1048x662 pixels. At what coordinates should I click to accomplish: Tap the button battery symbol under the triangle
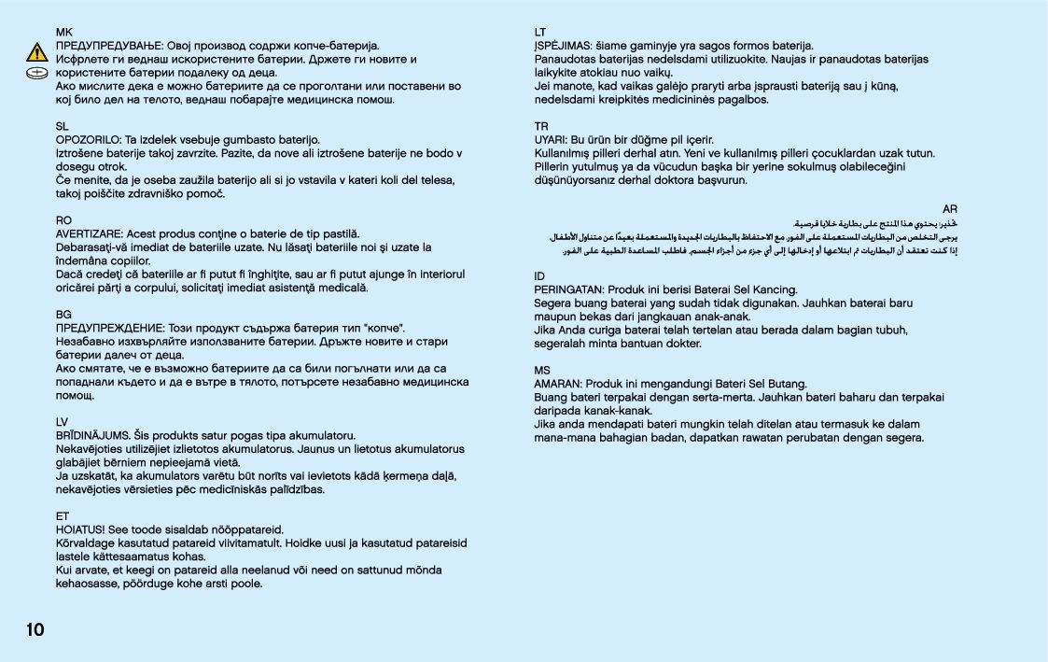click(x=36, y=72)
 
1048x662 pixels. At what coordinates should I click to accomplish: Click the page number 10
click(x=35, y=630)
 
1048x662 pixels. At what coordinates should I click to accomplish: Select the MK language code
click(x=63, y=32)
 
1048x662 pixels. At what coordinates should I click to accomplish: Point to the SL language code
click(x=63, y=125)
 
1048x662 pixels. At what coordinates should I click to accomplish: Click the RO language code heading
click(x=63, y=220)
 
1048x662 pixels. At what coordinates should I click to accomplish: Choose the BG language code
click(x=63, y=315)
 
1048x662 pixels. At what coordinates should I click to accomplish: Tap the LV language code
click(x=63, y=422)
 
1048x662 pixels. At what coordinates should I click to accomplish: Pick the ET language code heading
click(x=63, y=515)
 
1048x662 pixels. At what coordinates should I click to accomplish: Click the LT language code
click(x=540, y=32)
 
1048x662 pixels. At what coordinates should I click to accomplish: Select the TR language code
click(x=541, y=126)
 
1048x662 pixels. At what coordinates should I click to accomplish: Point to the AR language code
click(x=950, y=209)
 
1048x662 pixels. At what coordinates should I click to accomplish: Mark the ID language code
click(x=539, y=275)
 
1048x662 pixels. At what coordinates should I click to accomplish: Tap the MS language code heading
click(x=541, y=370)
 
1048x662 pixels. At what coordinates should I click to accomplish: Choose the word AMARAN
click(x=557, y=384)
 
